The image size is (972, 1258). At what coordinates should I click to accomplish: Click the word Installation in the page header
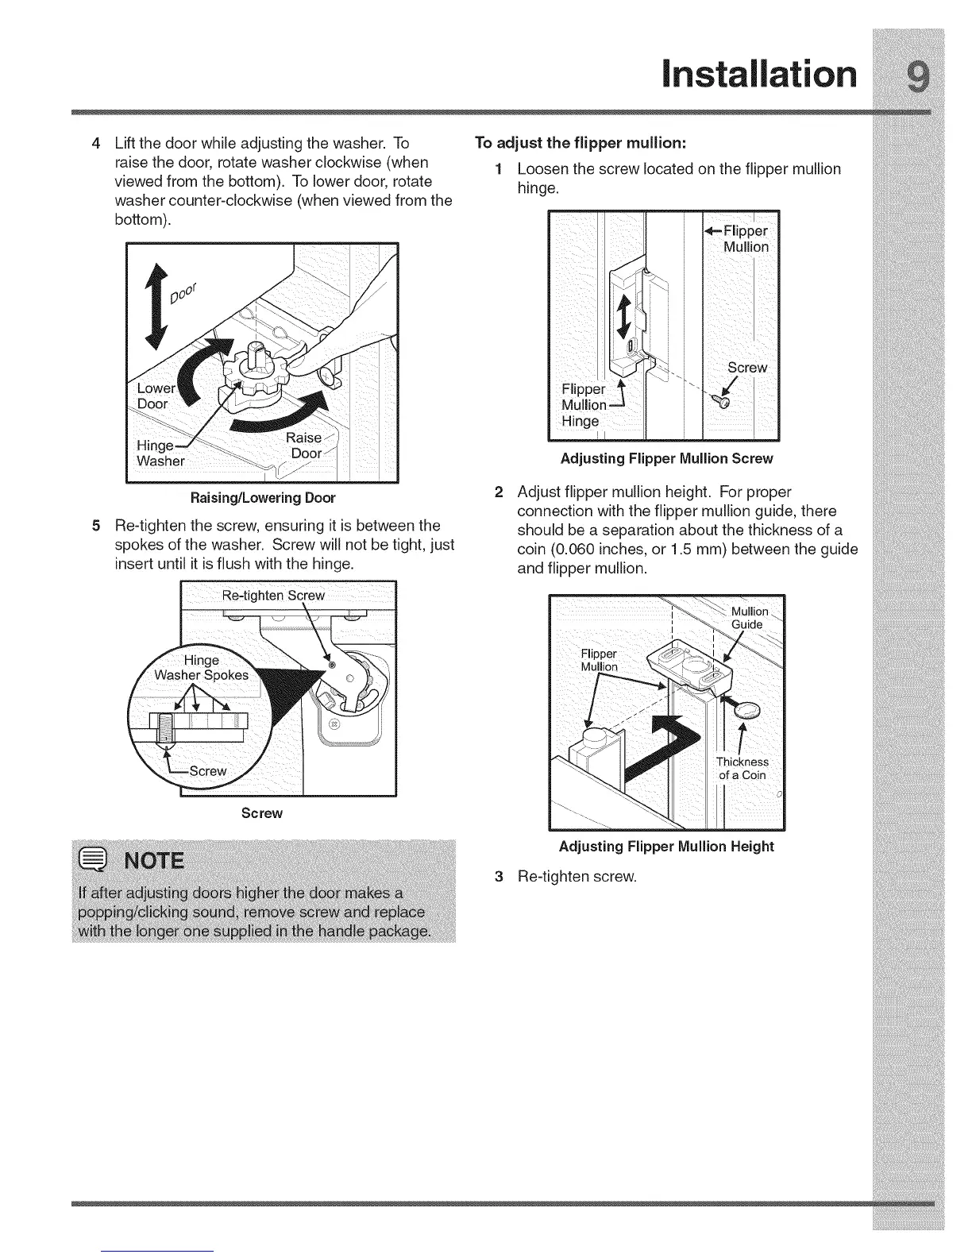[x=759, y=75]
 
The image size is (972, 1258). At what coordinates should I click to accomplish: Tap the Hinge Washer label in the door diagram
[x=160, y=453]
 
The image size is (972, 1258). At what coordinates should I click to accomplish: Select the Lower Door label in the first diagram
[x=156, y=396]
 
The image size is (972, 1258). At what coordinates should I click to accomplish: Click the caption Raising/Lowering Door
[x=262, y=498]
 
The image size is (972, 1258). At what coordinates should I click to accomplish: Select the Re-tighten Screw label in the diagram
[x=273, y=596]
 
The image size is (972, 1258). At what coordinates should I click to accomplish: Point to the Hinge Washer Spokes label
[x=202, y=668]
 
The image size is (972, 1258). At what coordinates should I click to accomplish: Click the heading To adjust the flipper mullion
[x=580, y=143]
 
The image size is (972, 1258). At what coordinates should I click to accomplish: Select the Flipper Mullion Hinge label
[x=584, y=405]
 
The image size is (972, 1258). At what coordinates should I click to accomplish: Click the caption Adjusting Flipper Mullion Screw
[x=666, y=458]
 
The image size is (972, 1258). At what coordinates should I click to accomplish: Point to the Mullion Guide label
[x=749, y=618]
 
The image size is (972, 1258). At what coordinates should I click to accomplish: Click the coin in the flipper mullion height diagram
[x=750, y=711]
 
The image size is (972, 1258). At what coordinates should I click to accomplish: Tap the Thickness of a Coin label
[x=742, y=769]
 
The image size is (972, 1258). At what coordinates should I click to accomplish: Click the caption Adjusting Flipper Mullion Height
[x=666, y=847]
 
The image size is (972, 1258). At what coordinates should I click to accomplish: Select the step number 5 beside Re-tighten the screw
[x=96, y=526]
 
